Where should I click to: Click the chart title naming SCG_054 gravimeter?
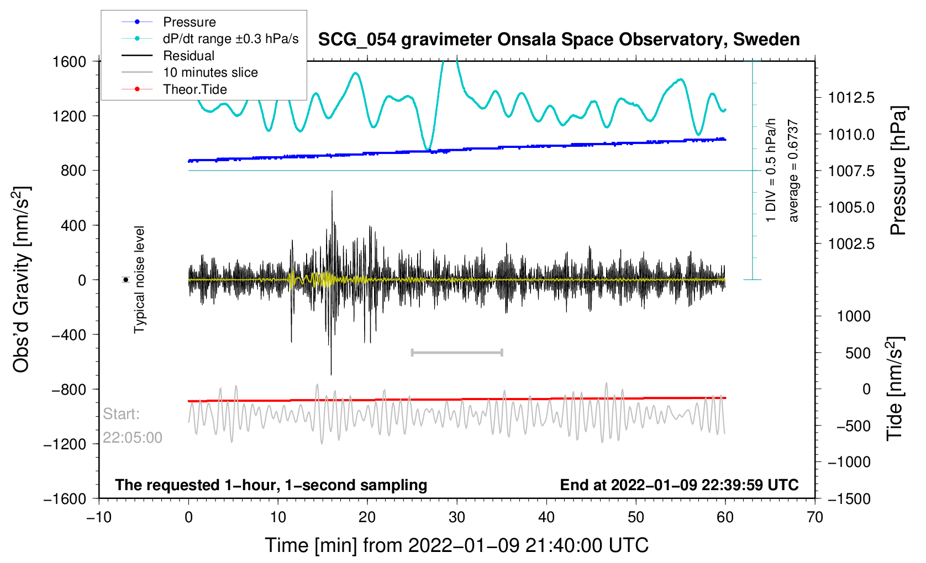point(559,40)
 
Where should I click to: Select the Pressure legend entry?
point(189,22)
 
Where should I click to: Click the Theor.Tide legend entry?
point(194,89)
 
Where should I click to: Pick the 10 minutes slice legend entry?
point(210,72)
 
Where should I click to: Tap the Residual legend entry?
point(188,56)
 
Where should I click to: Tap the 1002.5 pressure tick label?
point(851,244)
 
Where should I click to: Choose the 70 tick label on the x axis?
point(814,517)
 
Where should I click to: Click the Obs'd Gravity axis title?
point(21,279)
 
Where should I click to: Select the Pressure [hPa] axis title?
point(898,171)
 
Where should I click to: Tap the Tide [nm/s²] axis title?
point(895,389)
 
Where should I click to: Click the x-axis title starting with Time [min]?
point(456,545)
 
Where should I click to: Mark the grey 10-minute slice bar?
point(457,352)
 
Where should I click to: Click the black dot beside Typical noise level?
point(126,280)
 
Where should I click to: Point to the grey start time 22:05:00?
point(133,438)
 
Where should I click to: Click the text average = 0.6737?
point(793,171)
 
